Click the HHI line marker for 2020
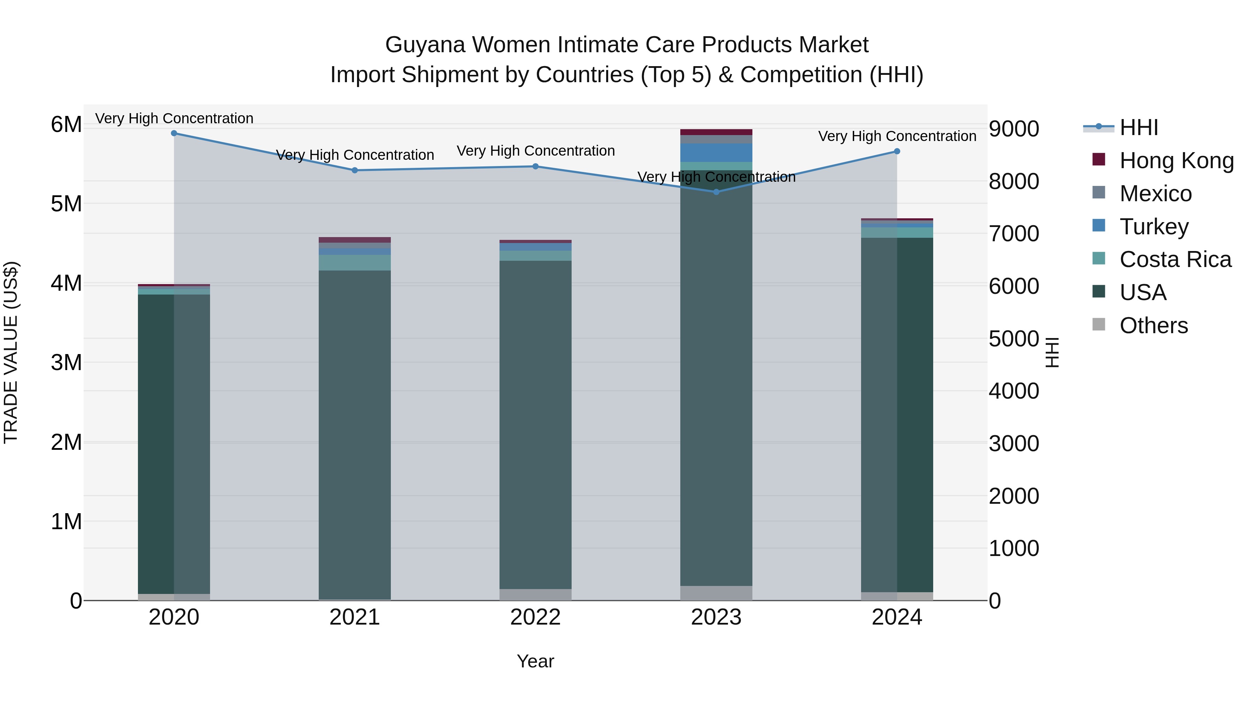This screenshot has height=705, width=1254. (174, 133)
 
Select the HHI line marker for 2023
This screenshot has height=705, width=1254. (716, 192)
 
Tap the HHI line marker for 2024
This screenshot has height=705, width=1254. (897, 151)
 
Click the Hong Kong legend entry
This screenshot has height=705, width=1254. (1176, 160)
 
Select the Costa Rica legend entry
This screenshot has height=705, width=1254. (1175, 259)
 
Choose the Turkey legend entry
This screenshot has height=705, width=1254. (1154, 227)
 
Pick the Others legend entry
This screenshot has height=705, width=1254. (1153, 326)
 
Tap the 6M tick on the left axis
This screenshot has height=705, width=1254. (66, 125)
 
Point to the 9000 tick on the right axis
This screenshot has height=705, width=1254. (1014, 129)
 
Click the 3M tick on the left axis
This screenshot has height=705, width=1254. (66, 362)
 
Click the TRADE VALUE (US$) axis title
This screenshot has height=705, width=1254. (11, 352)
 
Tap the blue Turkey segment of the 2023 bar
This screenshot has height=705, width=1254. (716, 152)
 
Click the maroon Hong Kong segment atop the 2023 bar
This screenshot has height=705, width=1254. (716, 132)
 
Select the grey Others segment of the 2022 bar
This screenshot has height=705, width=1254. (535, 595)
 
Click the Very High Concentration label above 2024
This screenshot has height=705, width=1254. (897, 136)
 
